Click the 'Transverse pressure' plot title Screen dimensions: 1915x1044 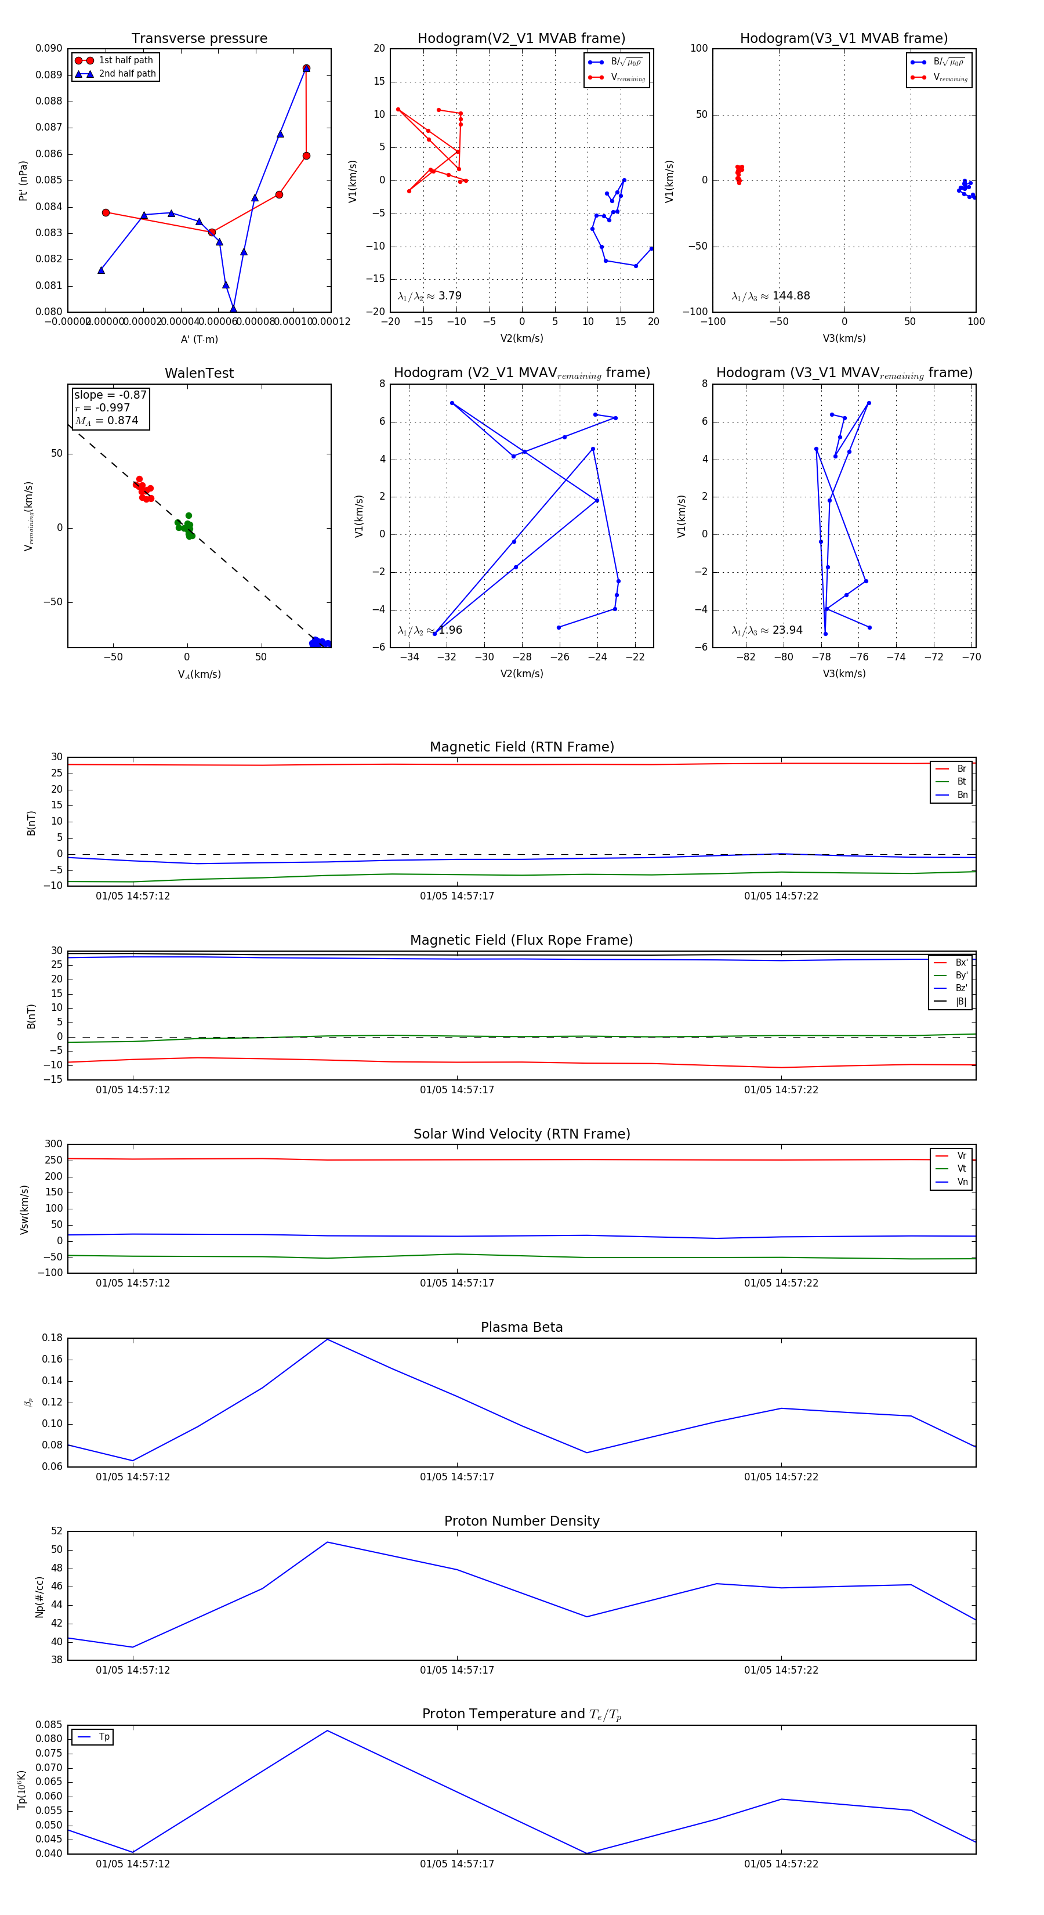[x=199, y=39]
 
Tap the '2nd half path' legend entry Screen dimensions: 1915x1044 [x=127, y=74]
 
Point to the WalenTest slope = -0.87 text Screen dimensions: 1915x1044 [x=110, y=395]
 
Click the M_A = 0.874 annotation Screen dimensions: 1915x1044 [x=106, y=421]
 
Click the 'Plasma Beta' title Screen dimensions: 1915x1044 [x=521, y=1327]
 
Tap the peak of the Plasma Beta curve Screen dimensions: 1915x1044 [x=328, y=1339]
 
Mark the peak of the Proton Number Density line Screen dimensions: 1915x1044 [x=328, y=1542]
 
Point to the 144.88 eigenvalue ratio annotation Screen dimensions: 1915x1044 [x=791, y=296]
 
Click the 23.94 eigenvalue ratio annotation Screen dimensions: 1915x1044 [x=787, y=630]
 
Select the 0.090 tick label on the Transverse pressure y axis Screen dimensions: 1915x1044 [x=49, y=48]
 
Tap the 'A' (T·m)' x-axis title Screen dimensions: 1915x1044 [x=199, y=339]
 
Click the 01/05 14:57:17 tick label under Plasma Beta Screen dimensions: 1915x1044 [x=456, y=1476]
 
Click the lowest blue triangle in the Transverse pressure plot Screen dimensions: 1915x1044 [x=233, y=309]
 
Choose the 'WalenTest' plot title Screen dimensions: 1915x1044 [x=199, y=373]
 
